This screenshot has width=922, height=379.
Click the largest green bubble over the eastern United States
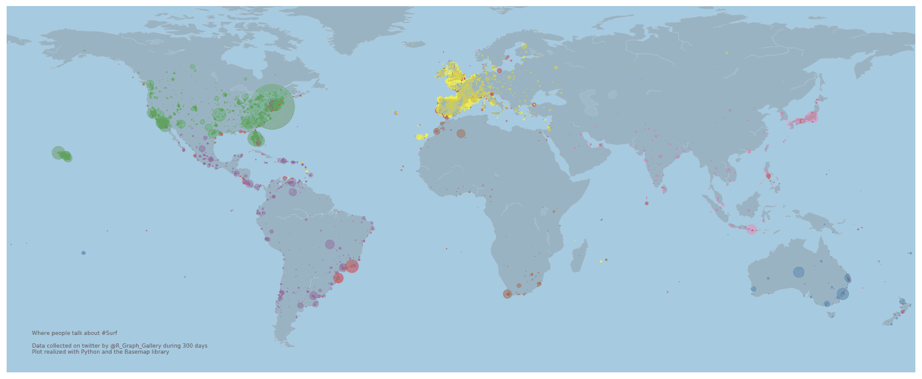272,107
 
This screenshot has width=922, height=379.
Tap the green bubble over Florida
256,139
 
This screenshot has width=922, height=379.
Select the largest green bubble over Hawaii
59,153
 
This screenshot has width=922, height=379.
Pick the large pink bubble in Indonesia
751,229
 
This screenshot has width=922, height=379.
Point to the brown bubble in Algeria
461,133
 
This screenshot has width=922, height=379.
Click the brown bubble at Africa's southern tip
507,294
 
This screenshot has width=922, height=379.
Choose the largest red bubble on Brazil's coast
352,266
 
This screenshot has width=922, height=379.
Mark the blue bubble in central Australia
799,272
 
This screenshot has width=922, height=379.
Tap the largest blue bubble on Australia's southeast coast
842,294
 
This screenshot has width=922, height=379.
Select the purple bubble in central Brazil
329,244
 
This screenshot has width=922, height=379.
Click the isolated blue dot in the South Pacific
83,253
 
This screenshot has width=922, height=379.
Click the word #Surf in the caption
109,333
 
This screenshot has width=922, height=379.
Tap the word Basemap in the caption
136,352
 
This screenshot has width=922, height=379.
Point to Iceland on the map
415,44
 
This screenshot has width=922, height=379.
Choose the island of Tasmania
831,314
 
